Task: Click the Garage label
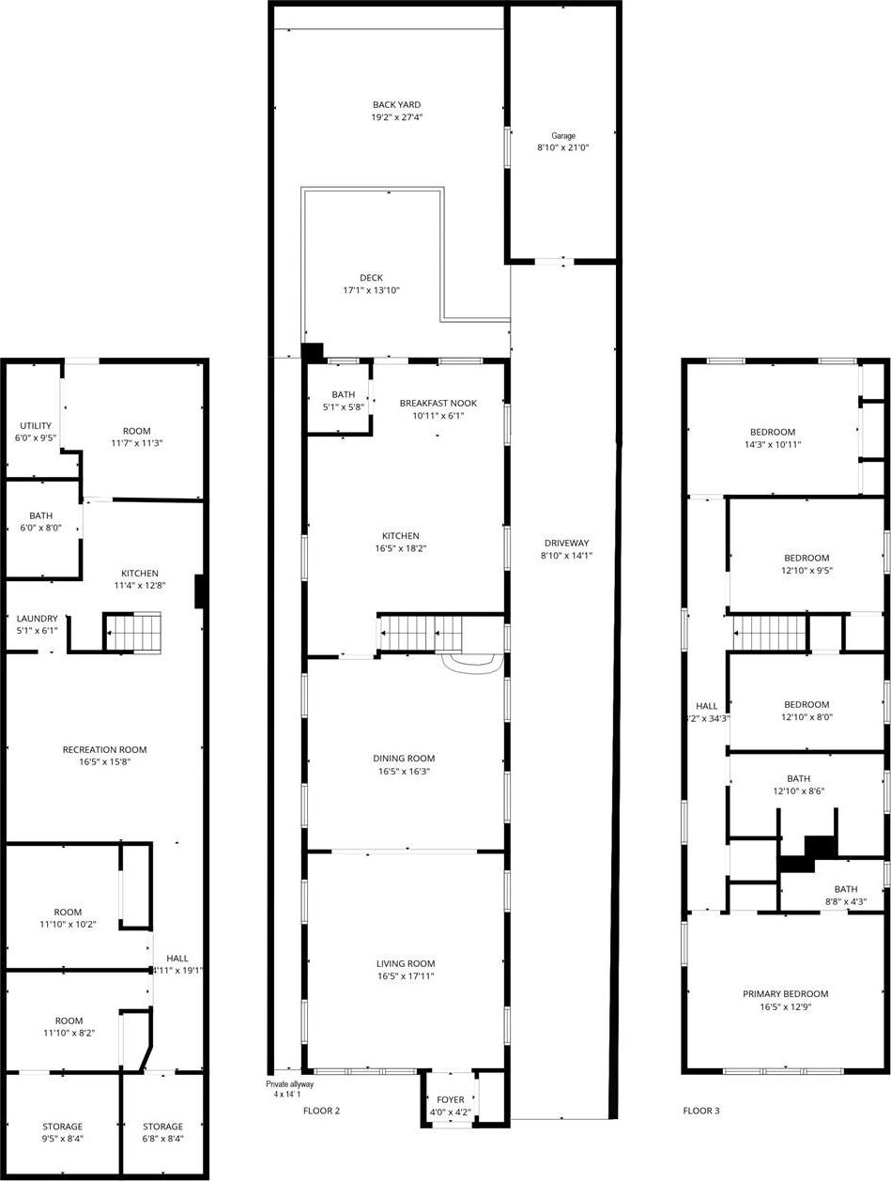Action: (563, 136)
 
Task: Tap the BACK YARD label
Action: (396, 105)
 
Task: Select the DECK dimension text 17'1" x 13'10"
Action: (371, 291)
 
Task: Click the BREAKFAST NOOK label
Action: (438, 404)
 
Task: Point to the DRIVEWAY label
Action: (566, 544)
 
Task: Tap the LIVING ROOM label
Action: (406, 964)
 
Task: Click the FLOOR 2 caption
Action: (321, 1112)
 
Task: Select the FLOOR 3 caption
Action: (701, 1112)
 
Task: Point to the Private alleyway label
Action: (289, 1084)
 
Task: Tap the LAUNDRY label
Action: (38, 619)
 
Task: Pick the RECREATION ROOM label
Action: (105, 750)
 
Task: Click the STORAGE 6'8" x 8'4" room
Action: (162, 1127)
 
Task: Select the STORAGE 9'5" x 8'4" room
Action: (62, 1127)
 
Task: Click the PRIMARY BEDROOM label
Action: (786, 994)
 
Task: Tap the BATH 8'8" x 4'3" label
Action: (846, 890)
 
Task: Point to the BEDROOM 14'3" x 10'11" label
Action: (772, 433)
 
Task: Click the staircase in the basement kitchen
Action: (131, 632)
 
